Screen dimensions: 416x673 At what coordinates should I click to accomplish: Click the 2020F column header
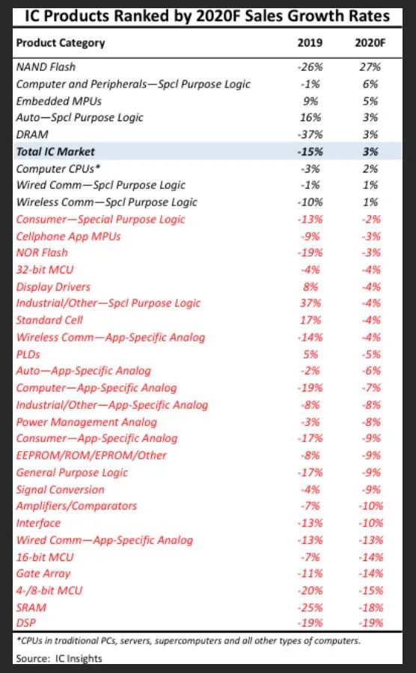(370, 43)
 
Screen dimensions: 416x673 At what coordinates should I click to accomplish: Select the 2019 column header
(310, 43)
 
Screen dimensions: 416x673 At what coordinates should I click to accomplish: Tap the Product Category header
(61, 43)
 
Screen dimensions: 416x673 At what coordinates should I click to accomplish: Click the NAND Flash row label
(46, 67)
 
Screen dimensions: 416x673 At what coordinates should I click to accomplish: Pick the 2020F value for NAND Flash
(371, 67)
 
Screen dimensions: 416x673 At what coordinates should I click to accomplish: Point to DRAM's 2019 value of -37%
(310, 134)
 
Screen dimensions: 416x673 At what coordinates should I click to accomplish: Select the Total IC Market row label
(55, 152)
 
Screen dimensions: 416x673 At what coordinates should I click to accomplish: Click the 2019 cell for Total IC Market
(310, 152)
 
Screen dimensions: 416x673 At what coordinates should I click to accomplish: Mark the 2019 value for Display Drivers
(311, 287)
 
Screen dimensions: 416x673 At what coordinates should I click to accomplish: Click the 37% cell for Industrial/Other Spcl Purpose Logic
(311, 303)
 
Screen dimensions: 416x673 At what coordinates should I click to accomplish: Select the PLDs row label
(28, 355)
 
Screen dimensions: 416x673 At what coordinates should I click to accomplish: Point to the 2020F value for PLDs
(371, 355)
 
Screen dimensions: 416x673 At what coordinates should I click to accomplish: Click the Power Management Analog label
(86, 422)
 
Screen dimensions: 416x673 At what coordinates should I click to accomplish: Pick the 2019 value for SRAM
(310, 608)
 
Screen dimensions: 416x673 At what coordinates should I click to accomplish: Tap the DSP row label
(26, 623)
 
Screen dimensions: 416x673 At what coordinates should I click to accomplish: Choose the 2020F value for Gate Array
(371, 574)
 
